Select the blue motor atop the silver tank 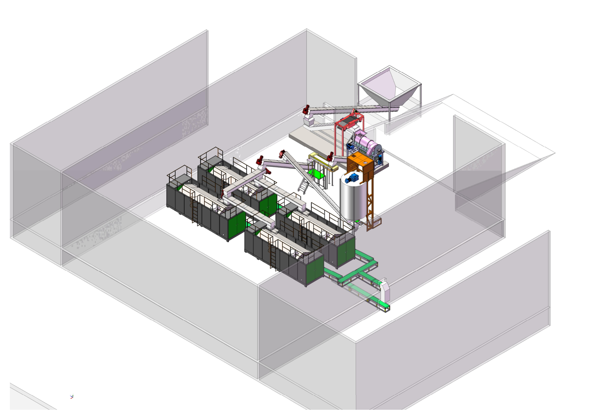(352, 178)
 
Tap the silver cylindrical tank (353, 199)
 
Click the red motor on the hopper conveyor (306, 109)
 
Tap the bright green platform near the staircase (316, 174)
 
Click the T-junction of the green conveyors (358, 273)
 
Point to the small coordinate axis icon (72, 397)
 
